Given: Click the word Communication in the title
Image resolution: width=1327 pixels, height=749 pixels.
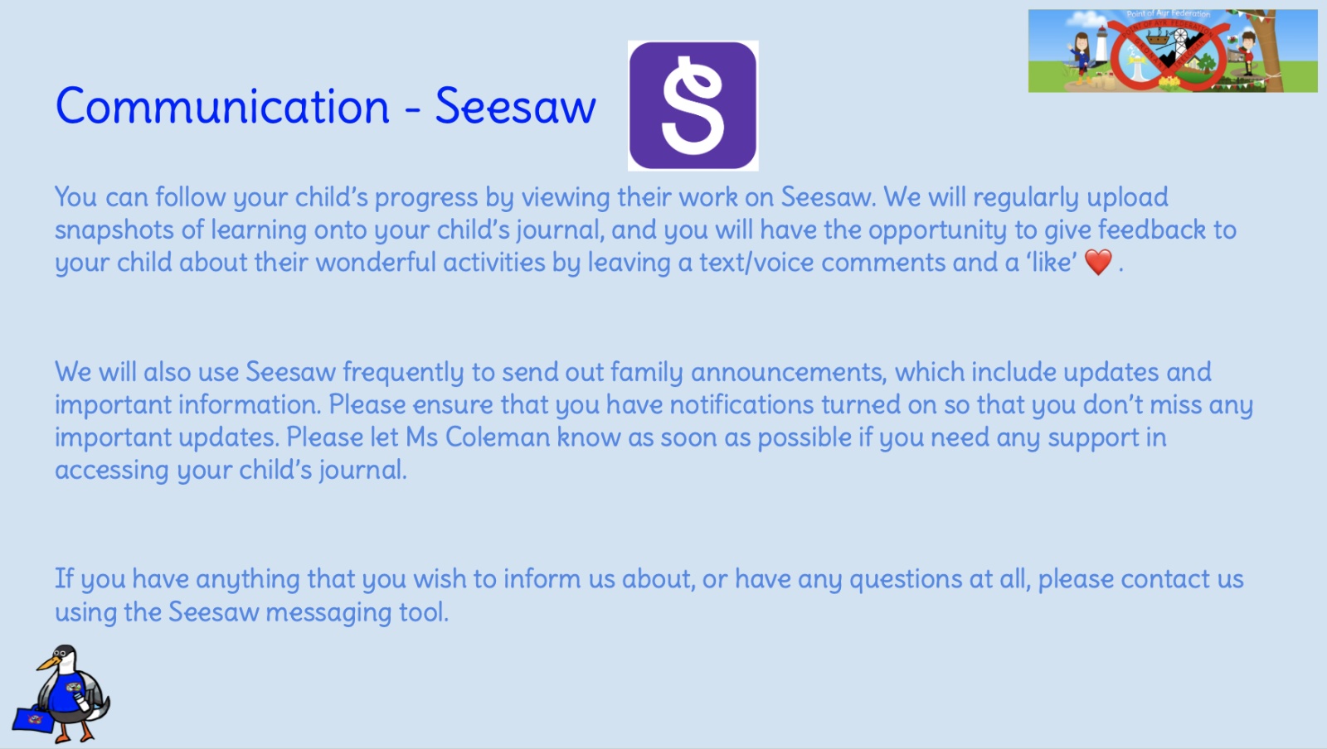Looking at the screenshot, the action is [x=222, y=107].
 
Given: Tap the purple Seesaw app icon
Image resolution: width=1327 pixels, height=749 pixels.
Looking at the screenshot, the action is [x=693, y=106].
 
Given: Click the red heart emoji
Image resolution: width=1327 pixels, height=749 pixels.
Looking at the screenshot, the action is [x=1098, y=262].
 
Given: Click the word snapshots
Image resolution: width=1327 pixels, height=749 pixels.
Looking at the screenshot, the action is [x=114, y=230].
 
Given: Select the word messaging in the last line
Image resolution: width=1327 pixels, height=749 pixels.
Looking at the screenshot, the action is [x=328, y=612].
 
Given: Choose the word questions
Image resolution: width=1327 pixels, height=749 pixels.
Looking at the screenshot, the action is [x=906, y=579].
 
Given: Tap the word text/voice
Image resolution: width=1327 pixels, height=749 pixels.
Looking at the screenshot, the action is [x=756, y=262].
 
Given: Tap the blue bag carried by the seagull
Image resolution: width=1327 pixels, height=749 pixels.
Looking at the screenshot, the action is [x=33, y=719].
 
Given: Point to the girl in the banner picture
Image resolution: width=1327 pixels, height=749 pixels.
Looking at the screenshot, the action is [x=1082, y=56].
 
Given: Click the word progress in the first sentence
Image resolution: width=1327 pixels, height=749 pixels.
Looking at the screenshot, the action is [x=426, y=197].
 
